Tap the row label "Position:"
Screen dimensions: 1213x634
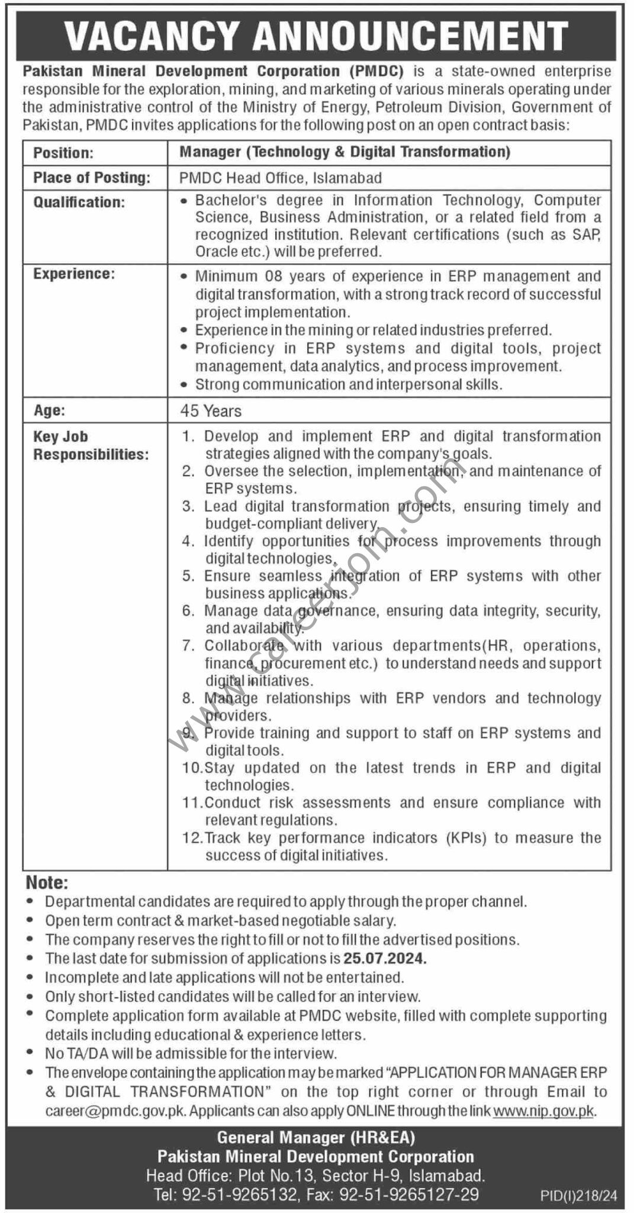(63, 153)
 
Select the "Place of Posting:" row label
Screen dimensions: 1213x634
(92, 178)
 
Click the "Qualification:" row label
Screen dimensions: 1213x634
(79, 203)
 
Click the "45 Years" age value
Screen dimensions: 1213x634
(211, 411)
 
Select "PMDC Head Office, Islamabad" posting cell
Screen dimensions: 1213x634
(281, 178)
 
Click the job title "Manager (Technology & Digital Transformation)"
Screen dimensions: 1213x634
(345, 152)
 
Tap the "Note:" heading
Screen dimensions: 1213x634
(47, 883)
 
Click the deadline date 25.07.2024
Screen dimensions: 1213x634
(385, 959)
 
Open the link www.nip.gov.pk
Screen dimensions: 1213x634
(543, 1111)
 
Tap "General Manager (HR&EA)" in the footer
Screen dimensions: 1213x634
(316, 1137)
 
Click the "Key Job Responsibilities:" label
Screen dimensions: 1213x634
(90, 445)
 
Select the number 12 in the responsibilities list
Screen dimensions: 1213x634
(191, 838)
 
